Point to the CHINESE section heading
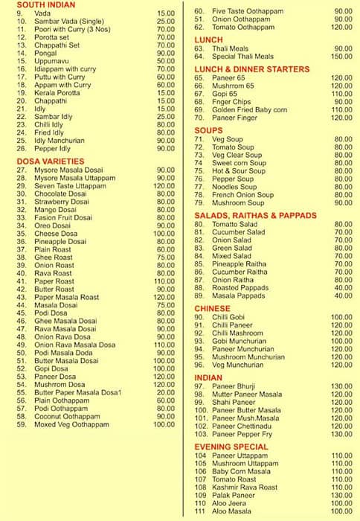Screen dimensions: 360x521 pos(212,307)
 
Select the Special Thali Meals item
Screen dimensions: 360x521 pos(242,57)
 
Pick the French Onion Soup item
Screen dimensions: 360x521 pos(242,195)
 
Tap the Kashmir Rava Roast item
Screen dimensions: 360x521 pos(245,487)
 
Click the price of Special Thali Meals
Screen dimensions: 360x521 pos(341,57)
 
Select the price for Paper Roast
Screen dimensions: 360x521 pos(164,281)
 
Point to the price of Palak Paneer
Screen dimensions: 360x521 pos(341,495)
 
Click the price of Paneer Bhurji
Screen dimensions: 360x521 pos(341,386)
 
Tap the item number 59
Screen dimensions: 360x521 pos(22,424)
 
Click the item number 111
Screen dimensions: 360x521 pos(200,511)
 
